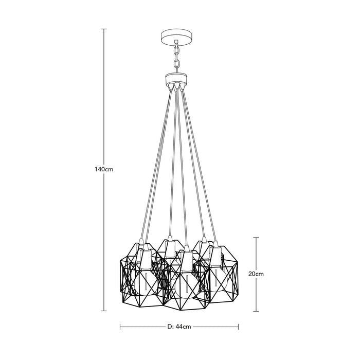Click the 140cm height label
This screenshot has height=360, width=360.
click(x=104, y=169)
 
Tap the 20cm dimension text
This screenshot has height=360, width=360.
click(x=256, y=274)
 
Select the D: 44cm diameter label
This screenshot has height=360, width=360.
click(x=179, y=327)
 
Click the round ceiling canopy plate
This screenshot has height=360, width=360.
click(x=176, y=37)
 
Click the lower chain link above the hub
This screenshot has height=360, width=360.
click(x=176, y=64)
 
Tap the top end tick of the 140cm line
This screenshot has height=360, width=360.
click(x=104, y=29)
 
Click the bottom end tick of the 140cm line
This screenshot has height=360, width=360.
click(x=104, y=311)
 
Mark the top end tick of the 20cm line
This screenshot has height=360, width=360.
click(x=256, y=238)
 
